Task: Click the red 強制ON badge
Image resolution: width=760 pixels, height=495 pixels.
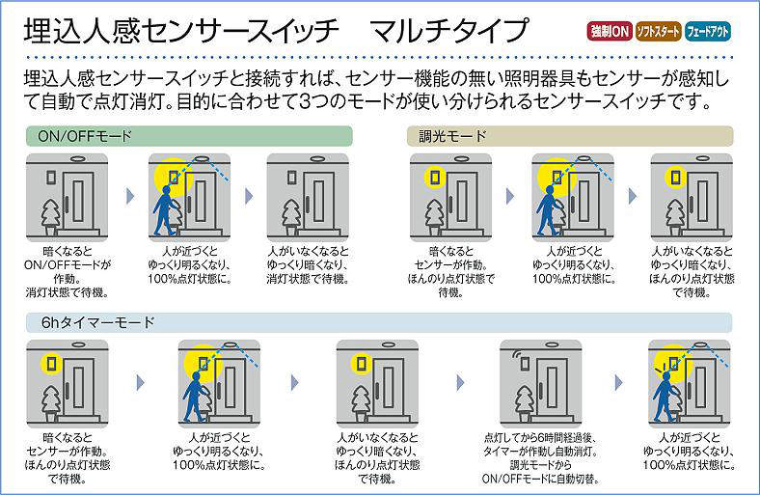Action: (610, 32)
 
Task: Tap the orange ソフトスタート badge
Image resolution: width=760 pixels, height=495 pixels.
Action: (658, 32)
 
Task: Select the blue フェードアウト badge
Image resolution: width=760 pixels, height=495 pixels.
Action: (708, 32)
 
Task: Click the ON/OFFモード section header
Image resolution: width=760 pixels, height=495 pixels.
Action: (189, 136)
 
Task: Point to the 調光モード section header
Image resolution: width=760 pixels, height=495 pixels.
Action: (570, 136)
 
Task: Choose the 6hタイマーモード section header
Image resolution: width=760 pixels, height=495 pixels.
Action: (378, 322)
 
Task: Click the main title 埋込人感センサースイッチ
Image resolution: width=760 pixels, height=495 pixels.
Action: (181, 31)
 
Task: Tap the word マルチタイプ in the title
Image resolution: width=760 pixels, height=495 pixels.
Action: (448, 31)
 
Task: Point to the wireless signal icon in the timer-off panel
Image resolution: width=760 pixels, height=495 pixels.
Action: (518, 356)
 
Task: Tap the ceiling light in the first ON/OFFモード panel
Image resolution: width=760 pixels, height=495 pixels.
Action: (77, 158)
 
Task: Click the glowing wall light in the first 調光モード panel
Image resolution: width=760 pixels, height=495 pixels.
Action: (435, 178)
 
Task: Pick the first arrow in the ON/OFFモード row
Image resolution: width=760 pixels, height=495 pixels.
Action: (130, 196)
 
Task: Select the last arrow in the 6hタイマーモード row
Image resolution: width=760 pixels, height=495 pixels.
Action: (618, 382)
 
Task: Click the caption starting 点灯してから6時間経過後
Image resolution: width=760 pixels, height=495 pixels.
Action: (540, 458)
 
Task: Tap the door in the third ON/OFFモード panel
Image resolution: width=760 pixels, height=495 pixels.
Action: (318, 202)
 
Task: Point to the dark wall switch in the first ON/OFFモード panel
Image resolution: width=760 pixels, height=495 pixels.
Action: (51, 178)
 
